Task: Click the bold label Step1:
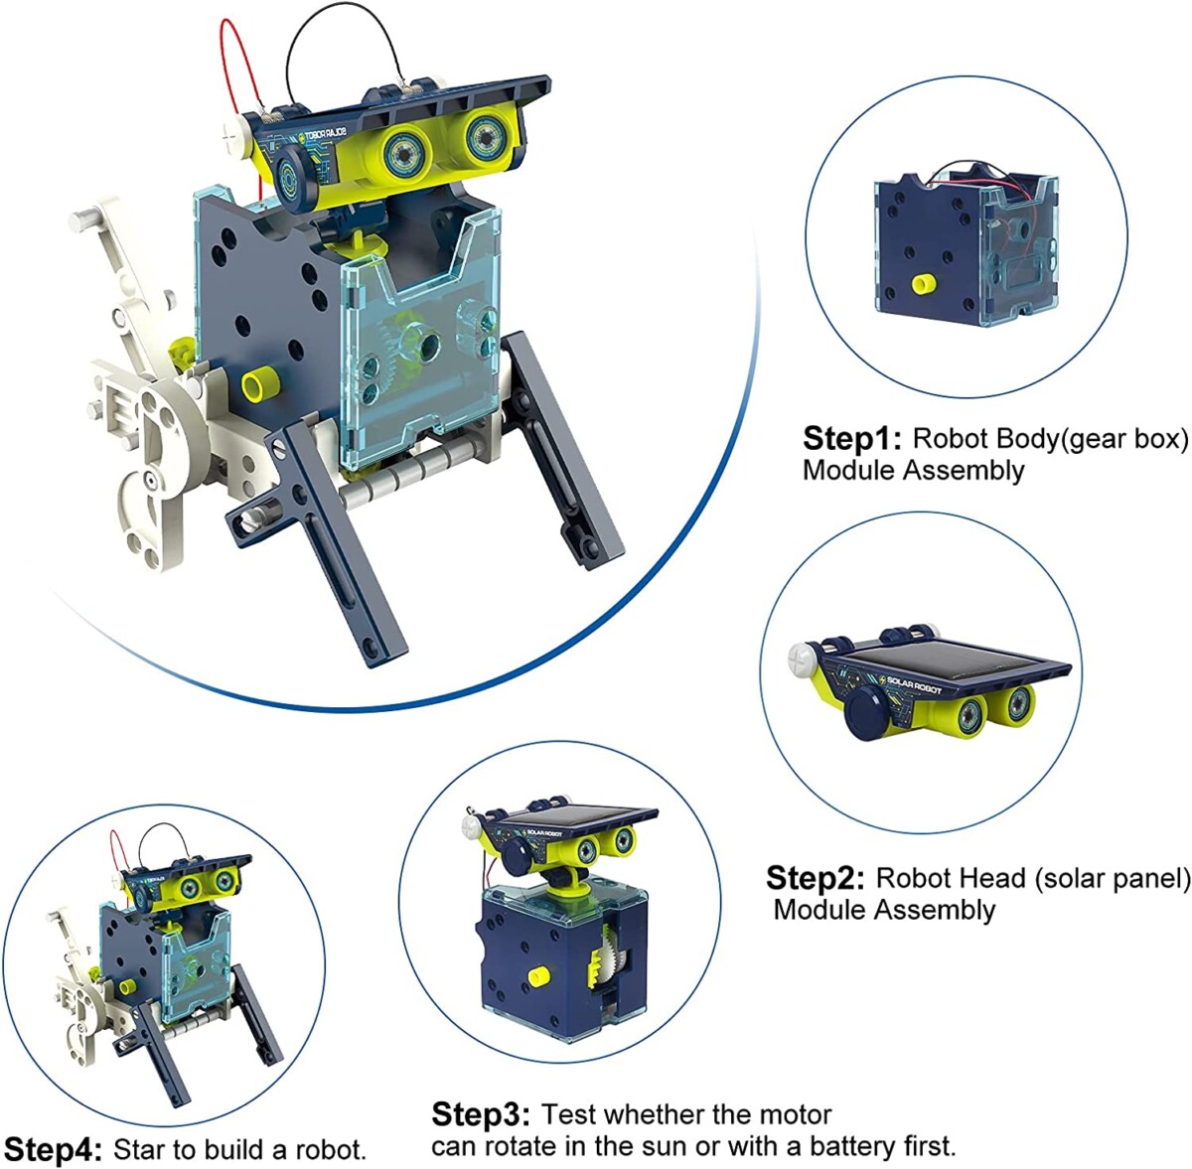click(852, 439)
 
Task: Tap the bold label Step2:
click(816, 878)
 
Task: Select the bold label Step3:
click(481, 1114)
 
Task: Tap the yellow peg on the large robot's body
click(256, 384)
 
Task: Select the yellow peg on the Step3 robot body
click(538, 976)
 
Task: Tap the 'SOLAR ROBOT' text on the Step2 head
click(914, 684)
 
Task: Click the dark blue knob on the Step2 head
click(867, 713)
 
